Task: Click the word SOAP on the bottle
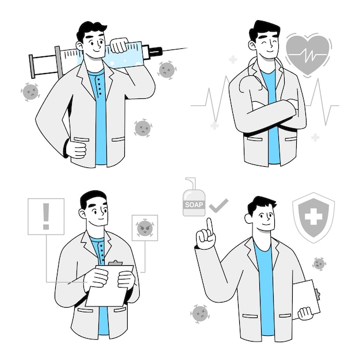194,205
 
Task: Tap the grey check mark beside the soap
219,206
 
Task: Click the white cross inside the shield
313,217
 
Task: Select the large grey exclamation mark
46,216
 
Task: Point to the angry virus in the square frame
144,228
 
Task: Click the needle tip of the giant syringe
187,48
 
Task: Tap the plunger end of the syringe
32,66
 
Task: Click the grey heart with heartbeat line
308,54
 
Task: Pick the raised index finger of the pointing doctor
210,225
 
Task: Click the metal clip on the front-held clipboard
115,263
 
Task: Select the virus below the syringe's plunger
30,92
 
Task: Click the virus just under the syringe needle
167,70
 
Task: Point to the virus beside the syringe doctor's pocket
143,128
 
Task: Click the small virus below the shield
319,264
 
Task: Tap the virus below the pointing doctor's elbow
200,314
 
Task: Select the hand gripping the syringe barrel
118,45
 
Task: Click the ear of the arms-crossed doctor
252,45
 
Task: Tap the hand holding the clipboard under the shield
305,313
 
